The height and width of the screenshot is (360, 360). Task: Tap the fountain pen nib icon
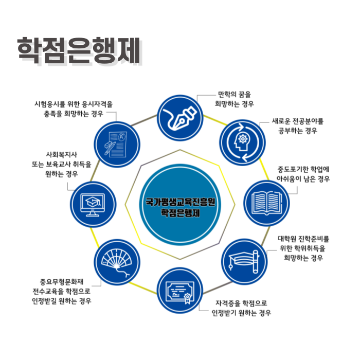coord(180,118)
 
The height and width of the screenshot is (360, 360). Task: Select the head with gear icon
coord(242,142)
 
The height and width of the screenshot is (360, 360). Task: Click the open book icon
coord(266,204)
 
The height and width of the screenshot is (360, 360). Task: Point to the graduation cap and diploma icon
coord(244,262)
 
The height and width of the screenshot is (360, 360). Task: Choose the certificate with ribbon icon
coord(180,292)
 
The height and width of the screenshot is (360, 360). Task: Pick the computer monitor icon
coord(93,204)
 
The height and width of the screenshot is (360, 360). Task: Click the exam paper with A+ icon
coord(116,144)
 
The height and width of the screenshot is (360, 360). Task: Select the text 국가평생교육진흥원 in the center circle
coord(180,202)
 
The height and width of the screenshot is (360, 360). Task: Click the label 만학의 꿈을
coord(235,94)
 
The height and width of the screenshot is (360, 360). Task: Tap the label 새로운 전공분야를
coord(298,121)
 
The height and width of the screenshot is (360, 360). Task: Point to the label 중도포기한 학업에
coord(303,169)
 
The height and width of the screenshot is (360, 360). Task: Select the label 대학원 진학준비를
coord(303,239)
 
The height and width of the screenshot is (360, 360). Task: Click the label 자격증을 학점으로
coord(241,303)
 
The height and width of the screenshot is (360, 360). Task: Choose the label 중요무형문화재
coord(62,281)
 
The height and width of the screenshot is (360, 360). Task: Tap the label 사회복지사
coord(62,154)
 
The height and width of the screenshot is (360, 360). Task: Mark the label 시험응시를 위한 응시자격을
coord(74,104)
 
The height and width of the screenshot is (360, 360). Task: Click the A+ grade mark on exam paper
coord(122,137)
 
